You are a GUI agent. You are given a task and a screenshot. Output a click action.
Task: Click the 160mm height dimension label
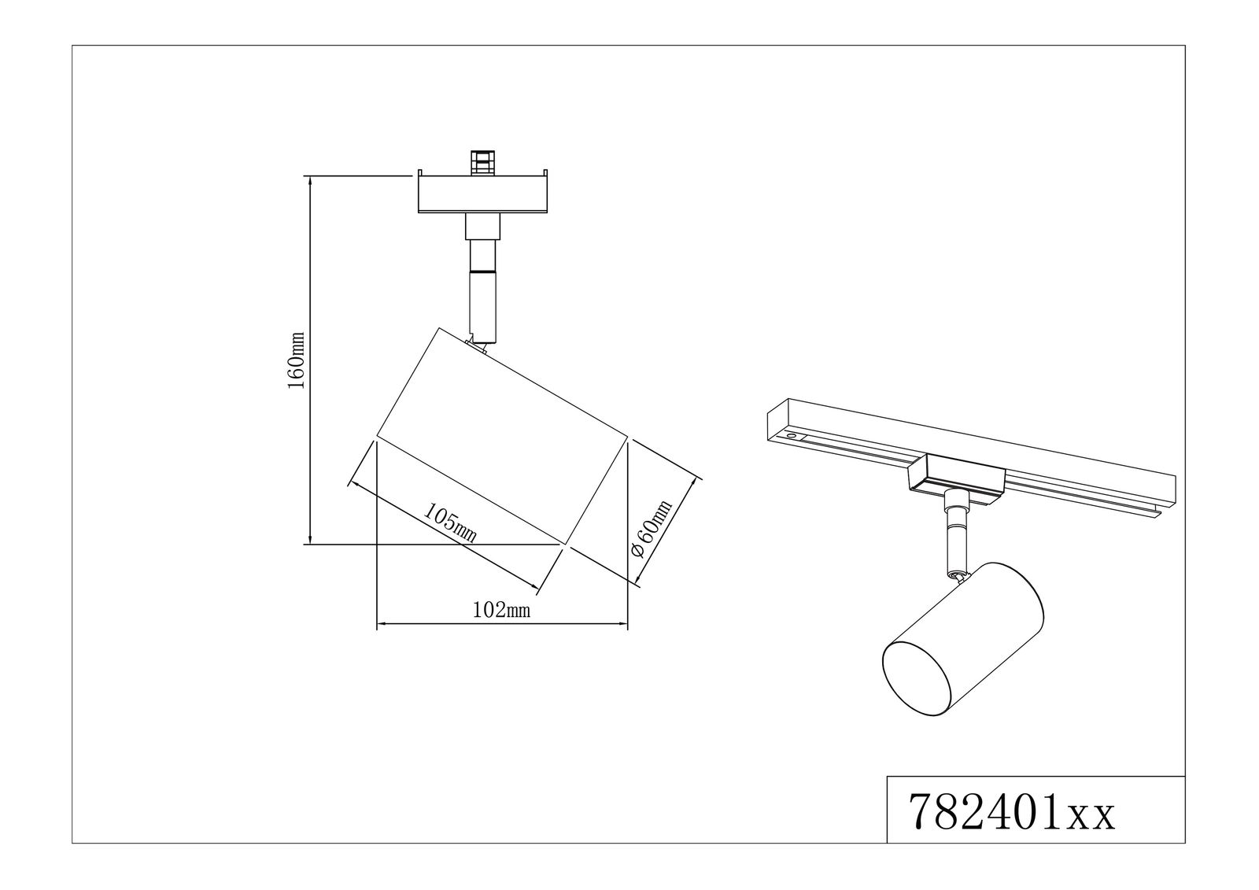[x=296, y=359]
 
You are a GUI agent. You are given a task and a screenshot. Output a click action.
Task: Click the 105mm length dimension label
[x=451, y=522]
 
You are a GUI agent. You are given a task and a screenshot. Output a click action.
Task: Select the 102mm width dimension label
[x=501, y=610]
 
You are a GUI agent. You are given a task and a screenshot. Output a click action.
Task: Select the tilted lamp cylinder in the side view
[x=502, y=437]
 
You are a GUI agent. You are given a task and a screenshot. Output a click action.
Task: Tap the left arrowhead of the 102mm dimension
[x=382, y=626]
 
